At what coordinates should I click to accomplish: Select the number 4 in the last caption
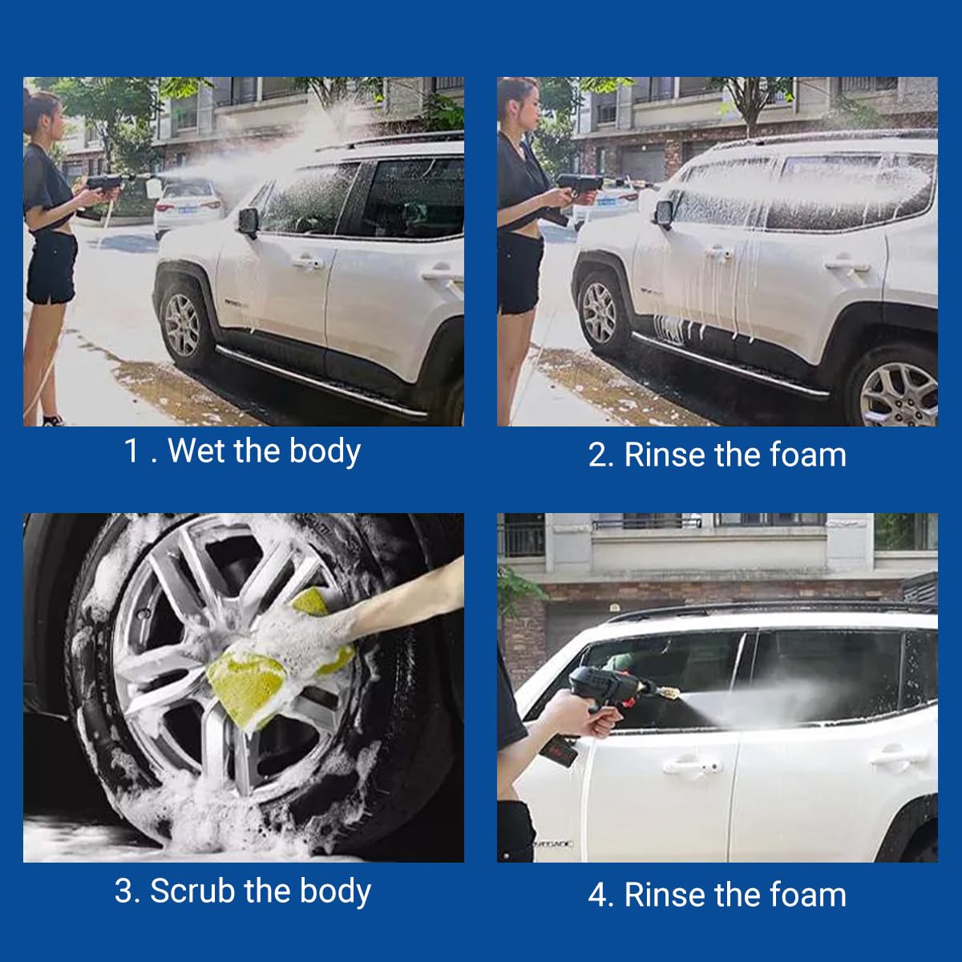click(x=598, y=895)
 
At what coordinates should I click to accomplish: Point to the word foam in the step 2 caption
click(x=807, y=455)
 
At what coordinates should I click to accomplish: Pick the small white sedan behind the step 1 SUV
click(x=188, y=205)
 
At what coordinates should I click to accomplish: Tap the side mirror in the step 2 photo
click(x=663, y=213)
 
